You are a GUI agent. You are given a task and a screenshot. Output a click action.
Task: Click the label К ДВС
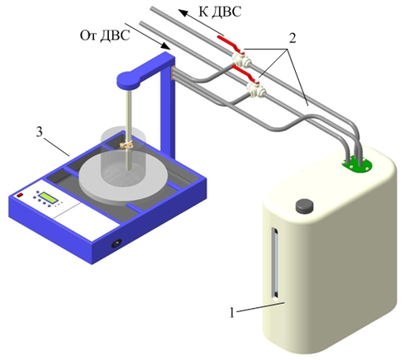click(x=220, y=12)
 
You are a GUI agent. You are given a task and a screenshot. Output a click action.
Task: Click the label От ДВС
click(x=105, y=36)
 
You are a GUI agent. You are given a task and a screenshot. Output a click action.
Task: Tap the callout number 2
click(x=292, y=38)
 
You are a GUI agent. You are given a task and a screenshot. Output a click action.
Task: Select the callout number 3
click(x=40, y=132)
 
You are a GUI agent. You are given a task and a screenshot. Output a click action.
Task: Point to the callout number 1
click(x=232, y=313)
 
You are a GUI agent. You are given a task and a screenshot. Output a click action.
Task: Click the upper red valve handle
click(x=231, y=44)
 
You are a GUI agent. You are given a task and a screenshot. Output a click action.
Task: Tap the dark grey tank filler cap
click(x=305, y=206)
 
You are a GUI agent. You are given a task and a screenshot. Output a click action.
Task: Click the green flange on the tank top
click(x=357, y=166)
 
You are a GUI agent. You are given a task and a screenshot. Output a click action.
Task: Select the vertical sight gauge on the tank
click(x=275, y=263)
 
